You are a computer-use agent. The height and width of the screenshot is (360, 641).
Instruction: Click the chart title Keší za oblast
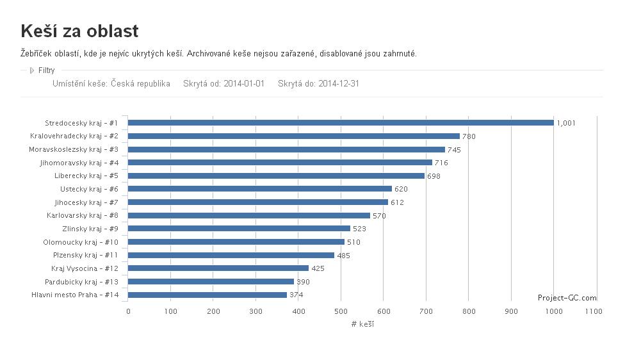(79, 31)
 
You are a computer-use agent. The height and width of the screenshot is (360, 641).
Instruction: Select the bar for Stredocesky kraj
(341, 122)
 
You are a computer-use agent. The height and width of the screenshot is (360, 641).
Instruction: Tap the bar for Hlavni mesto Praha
(207, 295)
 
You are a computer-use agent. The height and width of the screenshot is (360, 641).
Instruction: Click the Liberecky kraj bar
(276, 176)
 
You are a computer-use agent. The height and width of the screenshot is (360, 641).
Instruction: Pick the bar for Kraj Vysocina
(218, 268)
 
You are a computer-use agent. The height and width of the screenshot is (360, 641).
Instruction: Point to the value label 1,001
(566, 123)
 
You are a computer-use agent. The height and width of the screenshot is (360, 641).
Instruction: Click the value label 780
(469, 136)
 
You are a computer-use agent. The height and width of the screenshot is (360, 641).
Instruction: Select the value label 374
(296, 295)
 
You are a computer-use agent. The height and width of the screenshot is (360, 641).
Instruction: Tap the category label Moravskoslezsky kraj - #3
(74, 149)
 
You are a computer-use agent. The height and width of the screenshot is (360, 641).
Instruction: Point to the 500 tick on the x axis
(341, 311)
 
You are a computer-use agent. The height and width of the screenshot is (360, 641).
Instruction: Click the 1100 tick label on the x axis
(594, 311)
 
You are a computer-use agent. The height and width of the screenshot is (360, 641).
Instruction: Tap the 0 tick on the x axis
(128, 311)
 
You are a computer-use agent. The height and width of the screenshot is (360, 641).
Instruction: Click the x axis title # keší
(362, 324)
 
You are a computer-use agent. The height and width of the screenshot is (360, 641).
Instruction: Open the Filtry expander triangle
(32, 70)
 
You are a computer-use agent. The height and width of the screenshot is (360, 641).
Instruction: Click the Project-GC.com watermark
(567, 298)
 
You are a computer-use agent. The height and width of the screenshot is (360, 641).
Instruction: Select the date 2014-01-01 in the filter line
(244, 83)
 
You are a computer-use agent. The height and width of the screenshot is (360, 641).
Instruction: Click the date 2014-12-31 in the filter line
(339, 83)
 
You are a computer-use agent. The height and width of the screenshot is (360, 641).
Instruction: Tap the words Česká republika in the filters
(140, 83)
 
